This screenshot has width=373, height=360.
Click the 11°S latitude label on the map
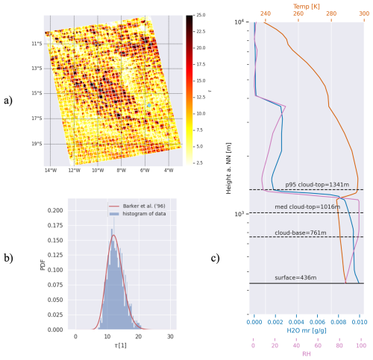point(36,44)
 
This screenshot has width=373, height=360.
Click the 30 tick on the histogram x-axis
point(172,338)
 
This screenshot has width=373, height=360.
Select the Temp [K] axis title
point(308,4)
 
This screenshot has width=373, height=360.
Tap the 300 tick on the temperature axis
point(363,13)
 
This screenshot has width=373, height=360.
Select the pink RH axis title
point(308,354)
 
